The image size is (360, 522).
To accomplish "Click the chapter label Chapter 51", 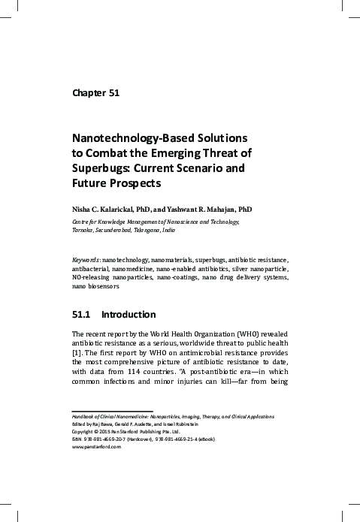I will coord(95,94).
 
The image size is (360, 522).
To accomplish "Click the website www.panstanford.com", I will coord(96,445).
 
